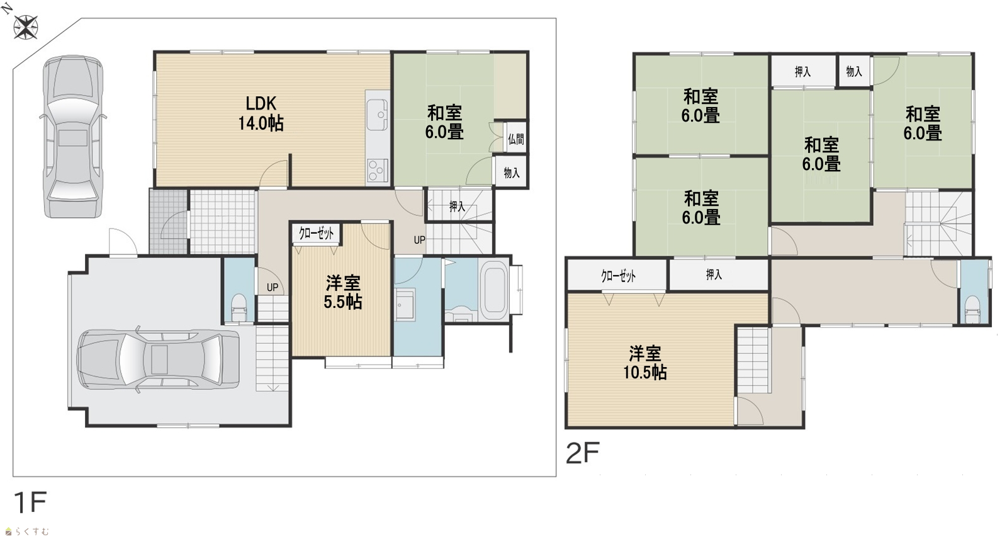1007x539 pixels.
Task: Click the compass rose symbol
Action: coord(26,27)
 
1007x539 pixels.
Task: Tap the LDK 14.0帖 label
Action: coord(261,113)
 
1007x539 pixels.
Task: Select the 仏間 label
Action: coord(515,139)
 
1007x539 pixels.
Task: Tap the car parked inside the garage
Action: coord(158,360)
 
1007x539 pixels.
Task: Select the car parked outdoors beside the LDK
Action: coord(72,137)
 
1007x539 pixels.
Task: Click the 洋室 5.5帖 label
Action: coord(342,292)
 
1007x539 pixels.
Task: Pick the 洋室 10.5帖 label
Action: coord(644,363)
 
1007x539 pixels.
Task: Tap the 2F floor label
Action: coord(582,453)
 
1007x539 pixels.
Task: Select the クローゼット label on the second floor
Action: coord(618,276)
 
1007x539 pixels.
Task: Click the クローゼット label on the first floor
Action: coord(317,233)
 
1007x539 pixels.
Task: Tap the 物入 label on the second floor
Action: coord(853,71)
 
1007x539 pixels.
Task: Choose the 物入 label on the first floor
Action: coord(512,173)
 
